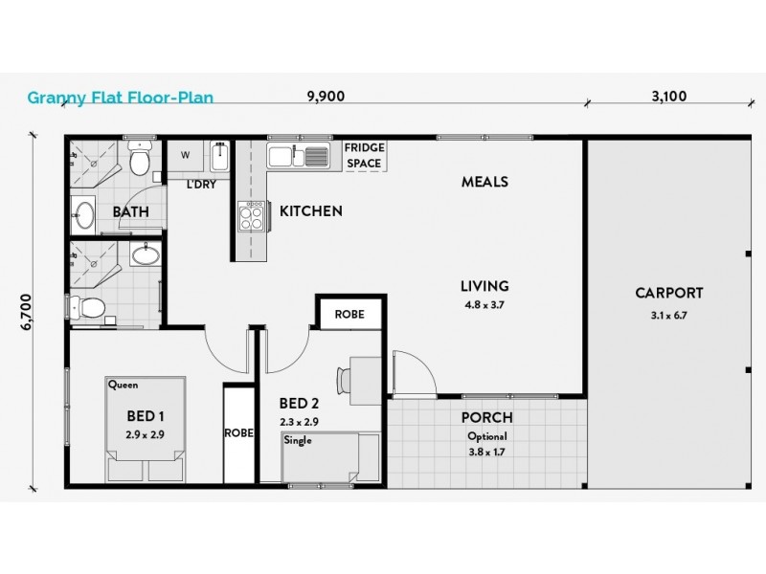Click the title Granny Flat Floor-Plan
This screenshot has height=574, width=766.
(x=120, y=96)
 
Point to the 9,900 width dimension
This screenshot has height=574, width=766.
(x=326, y=96)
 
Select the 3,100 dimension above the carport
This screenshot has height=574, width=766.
(x=668, y=96)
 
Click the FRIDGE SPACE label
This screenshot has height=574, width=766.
(x=364, y=156)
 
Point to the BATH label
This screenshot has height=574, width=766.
(x=130, y=211)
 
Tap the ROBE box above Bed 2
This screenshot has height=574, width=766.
(x=351, y=314)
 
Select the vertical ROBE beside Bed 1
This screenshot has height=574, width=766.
(x=239, y=432)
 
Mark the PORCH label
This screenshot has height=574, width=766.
(x=486, y=418)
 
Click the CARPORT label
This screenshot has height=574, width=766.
(x=669, y=294)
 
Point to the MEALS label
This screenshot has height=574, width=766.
(x=484, y=182)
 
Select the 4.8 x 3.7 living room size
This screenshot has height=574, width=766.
(x=484, y=306)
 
